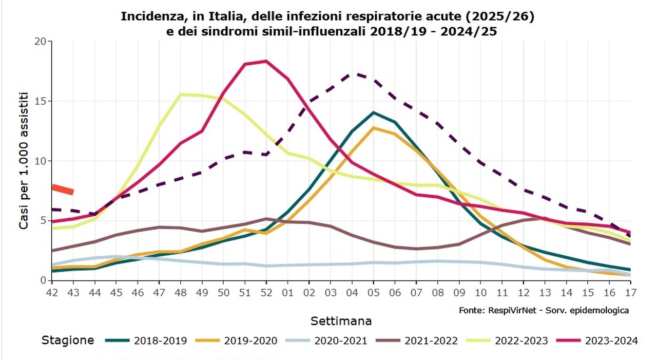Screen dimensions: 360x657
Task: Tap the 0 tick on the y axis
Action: tap(43, 280)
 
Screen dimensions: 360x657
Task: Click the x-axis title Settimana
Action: tap(341, 321)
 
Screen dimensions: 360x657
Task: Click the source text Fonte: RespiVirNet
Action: tap(544, 310)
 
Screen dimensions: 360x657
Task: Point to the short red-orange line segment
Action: tap(63, 189)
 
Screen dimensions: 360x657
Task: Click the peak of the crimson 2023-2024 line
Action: tap(266, 61)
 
